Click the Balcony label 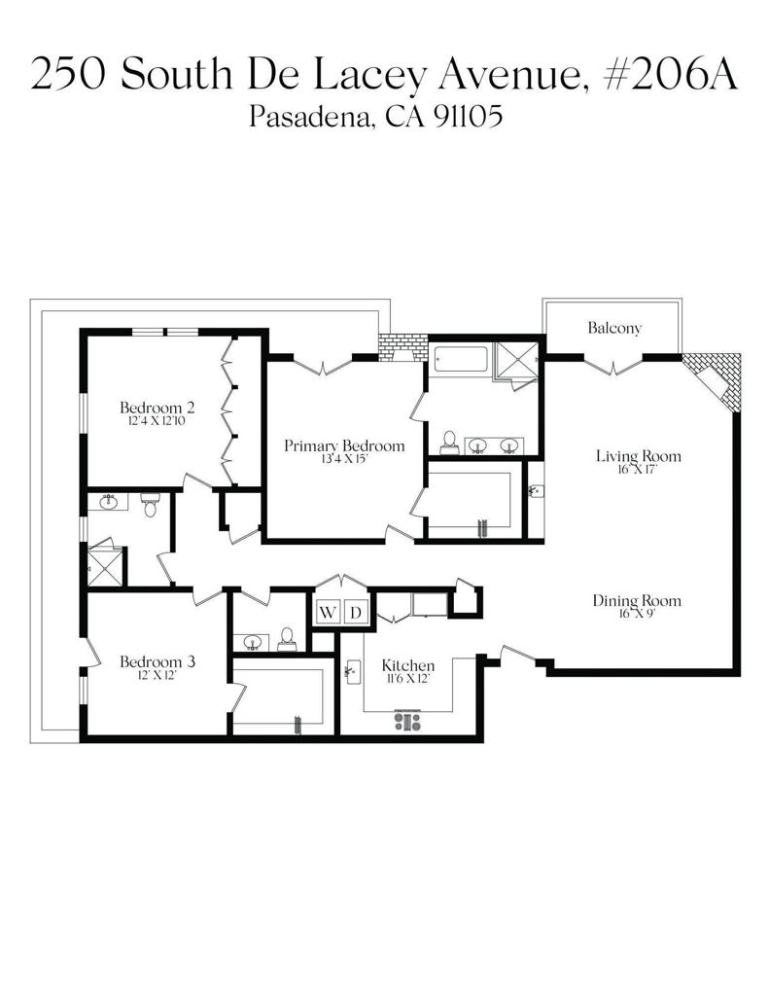[614, 328]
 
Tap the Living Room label [638, 455]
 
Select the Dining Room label [637, 600]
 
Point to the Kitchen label [408, 665]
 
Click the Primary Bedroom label [344, 445]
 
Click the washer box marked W [328, 613]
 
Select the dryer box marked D [356, 613]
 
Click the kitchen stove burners [407, 721]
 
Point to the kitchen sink [353, 671]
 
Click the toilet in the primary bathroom [449, 443]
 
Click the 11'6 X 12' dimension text [408, 678]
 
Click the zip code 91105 [469, 117]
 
